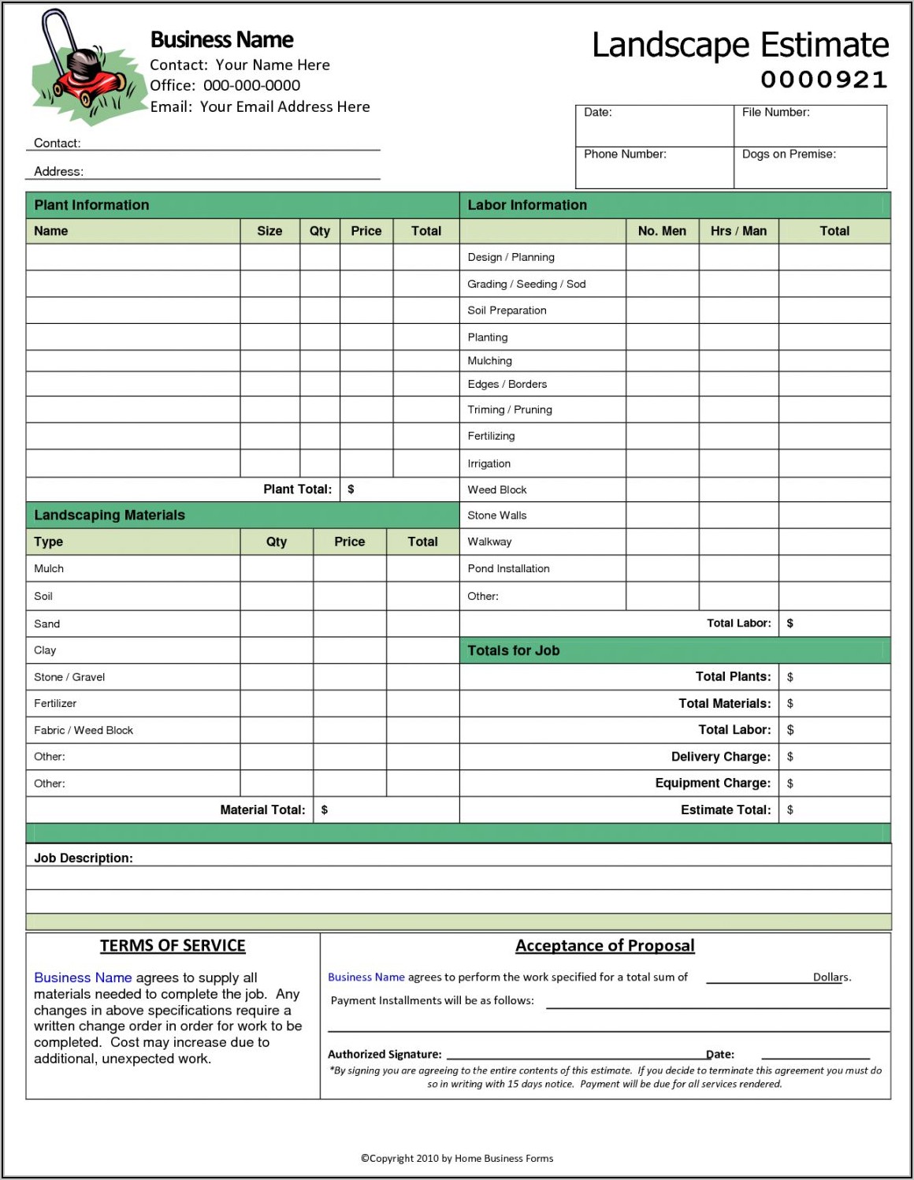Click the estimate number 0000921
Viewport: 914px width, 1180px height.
(823, 80)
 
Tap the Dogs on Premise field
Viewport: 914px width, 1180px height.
(810, 167)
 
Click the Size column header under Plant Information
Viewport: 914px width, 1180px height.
(269, 231)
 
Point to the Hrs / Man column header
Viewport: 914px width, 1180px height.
(738, 231)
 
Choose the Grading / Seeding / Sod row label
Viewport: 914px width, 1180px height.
(526, 284)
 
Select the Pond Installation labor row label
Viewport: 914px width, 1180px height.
(508, 568)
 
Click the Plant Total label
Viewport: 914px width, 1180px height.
(297, 489)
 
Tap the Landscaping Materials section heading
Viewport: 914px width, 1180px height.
(110, 515)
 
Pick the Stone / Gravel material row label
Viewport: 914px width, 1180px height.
(69, 677)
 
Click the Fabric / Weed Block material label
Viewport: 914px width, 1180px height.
(84, 730)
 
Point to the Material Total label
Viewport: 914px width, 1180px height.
(262, 810)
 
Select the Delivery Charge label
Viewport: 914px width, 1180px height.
(720, 757)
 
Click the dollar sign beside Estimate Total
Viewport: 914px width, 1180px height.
(790, 810)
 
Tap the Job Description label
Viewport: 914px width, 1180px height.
(84, 858)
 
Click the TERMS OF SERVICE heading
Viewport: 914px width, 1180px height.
(173, 946)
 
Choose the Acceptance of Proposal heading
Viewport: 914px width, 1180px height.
(604, 946)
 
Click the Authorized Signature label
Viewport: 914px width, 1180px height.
(385, 1055)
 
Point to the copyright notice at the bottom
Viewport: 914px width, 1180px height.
(457, 1158)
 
